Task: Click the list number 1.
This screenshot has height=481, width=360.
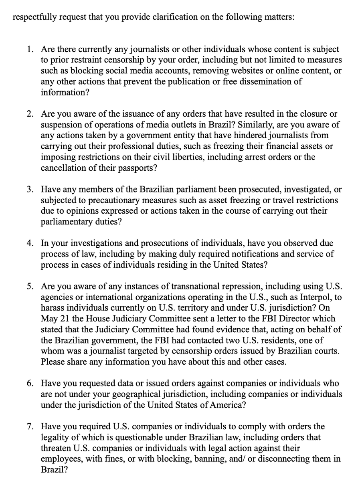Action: (30, 50)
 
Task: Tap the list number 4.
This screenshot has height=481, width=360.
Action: (30, 243)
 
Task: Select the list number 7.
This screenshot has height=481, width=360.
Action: (30, 426)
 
